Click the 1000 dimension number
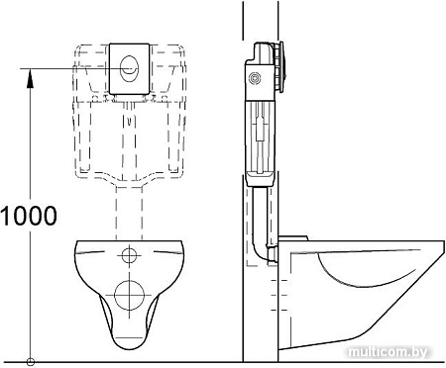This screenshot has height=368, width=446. pos(29,215)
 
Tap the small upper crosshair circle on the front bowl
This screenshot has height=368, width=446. pos(129,256)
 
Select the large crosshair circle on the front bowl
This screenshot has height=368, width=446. pos(130,294)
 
